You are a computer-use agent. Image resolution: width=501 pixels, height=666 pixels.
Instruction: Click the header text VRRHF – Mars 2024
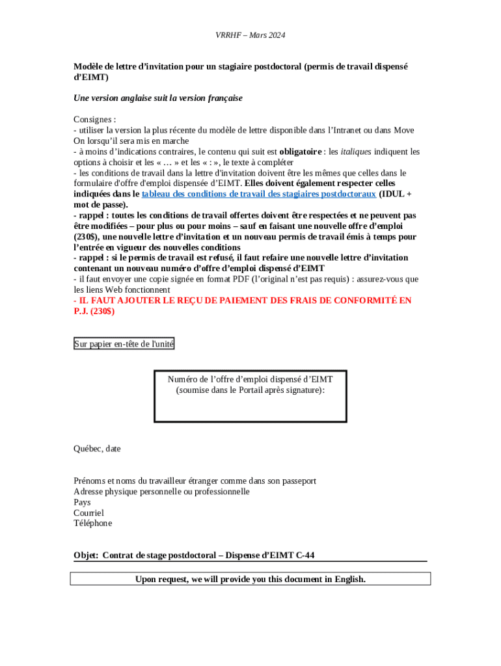click(x=251, y=35)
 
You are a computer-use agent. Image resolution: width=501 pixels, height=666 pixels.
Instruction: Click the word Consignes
click(x=93, y=120)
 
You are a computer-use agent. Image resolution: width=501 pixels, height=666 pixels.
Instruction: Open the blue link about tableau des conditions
click(x=258, y=194)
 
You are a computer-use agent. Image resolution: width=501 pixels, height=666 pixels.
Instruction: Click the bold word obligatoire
click(x=301, y=152)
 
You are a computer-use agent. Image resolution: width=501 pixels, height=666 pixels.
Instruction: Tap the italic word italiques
click(x=356, y=152)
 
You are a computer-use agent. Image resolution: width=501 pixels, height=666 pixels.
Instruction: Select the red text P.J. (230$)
click(x=94, y=311)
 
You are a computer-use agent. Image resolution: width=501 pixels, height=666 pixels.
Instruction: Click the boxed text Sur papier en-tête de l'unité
click(x=124, y=344)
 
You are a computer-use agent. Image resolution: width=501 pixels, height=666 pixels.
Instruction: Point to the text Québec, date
click(x=97, y=449)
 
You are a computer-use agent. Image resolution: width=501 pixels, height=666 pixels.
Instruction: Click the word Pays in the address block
click(x=82, y=502)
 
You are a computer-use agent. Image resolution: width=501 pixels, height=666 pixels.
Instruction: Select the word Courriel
click(x=88, y=513)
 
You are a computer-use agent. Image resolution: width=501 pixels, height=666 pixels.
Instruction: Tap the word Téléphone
click(x=92, y=523)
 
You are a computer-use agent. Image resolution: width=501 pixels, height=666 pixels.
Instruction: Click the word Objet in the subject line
click(x=85, y=555)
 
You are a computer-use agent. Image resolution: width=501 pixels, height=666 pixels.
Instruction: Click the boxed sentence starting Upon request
click(x=251, y=579)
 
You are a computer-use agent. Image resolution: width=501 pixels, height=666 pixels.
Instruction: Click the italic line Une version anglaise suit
click(x=158, y=98)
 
